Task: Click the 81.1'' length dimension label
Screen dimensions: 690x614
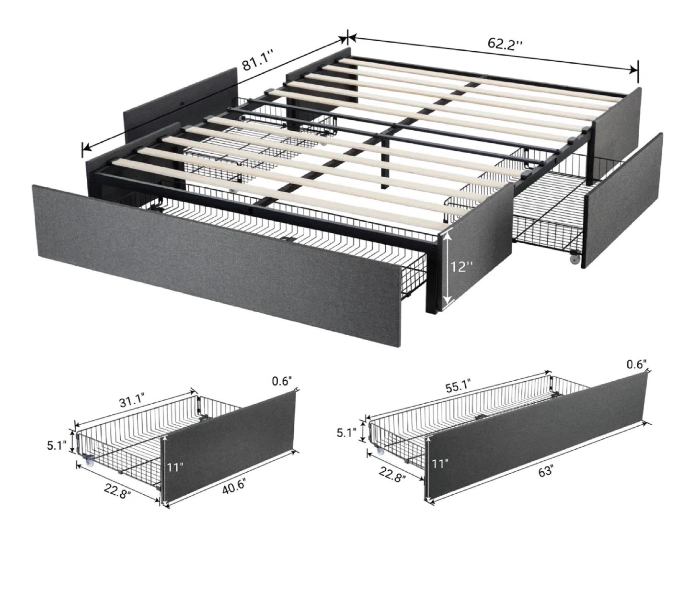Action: coord(258,60)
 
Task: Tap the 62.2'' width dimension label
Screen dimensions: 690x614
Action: coord(505,44)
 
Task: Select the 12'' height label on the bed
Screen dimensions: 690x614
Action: coord(462,266)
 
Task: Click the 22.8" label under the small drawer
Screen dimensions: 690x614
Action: coord(117,490)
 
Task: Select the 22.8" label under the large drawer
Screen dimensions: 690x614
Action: coord(392,474)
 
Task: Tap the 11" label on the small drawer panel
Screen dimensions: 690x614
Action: coord(175,467)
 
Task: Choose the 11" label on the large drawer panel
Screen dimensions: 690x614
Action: coord(440,463)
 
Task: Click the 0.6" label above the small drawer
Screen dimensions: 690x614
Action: coord(282,381)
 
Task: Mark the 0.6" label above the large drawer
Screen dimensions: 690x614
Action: coord(636,364)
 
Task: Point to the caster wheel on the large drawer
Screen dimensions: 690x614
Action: coord(380,451)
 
